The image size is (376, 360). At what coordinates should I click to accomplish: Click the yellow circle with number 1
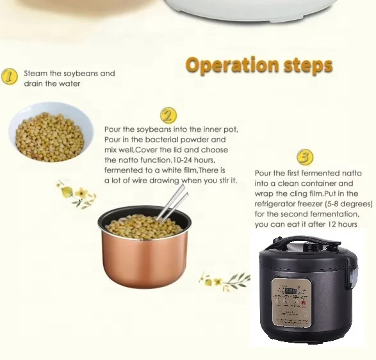point(9,78)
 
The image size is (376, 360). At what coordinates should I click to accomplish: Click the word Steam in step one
point(36,74)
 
